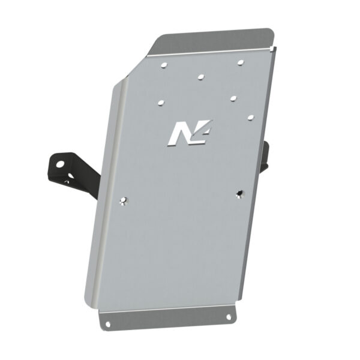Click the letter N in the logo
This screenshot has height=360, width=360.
179,133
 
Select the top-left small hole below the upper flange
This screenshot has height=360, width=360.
164,63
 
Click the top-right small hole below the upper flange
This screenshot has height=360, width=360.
240,62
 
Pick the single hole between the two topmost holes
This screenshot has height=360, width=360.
200,77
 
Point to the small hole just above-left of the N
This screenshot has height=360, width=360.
161,103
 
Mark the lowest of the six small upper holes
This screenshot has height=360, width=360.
250,117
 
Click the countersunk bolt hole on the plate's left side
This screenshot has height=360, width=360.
124,201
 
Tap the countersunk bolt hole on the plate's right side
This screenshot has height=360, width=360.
239,193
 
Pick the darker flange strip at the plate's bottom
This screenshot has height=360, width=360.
168,318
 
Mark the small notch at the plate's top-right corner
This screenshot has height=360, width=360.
275,48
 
